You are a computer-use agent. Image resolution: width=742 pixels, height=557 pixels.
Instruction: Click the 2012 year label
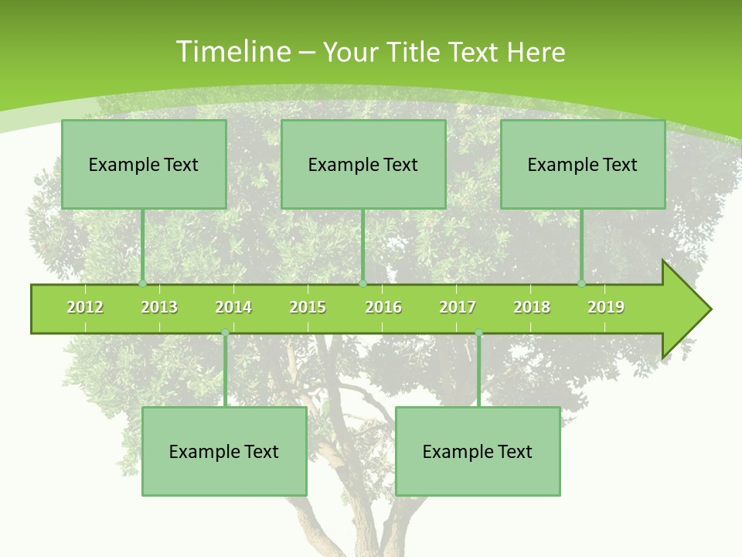coord(85,307)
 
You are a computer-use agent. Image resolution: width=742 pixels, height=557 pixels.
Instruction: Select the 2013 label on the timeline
coord(159,307)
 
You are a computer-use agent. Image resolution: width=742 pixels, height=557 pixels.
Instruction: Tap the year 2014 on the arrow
coord(233,307)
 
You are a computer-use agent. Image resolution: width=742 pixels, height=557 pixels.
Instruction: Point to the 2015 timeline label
coord(308,307)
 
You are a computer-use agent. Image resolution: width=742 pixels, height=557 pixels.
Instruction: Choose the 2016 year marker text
coord(383,307)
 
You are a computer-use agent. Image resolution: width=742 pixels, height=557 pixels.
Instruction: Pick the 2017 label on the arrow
coord(458,307)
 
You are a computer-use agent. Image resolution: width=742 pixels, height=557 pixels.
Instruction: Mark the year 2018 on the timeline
coord(532,307)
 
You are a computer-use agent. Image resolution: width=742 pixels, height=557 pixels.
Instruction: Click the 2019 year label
coord(606,307)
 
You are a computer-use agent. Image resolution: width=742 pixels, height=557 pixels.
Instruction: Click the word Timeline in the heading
coord(232,52)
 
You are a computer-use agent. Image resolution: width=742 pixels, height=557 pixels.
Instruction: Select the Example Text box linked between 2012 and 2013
coord(144,164)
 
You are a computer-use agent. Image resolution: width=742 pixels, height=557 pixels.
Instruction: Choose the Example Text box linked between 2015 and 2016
coord(363,164)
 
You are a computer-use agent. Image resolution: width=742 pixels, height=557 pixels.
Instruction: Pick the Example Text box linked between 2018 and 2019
coord(583,164)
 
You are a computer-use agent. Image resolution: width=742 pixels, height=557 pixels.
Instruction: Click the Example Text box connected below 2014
coord(224,451)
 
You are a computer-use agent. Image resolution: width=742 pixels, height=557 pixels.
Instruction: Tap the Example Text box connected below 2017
coord(478,451)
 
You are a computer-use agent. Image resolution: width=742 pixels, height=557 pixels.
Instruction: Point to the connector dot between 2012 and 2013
coord(142,283)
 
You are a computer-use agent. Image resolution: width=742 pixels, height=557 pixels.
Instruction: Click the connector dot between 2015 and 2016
coord(362,283)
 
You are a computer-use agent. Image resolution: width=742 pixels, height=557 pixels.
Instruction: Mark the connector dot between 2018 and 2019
coord(581,283)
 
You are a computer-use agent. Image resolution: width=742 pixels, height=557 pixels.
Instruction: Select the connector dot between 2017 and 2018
coord(478,333)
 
